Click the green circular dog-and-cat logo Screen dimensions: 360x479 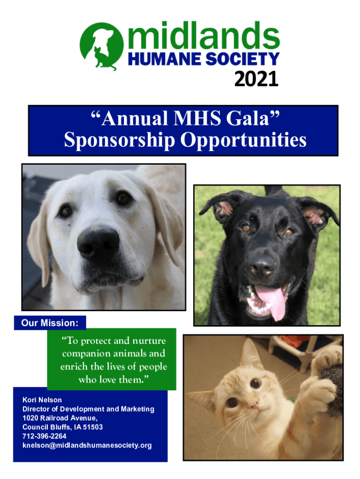[101, 46]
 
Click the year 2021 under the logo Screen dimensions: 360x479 [256, 79]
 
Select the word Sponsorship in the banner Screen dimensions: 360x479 [119, 140]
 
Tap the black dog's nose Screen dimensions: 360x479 [261, 266]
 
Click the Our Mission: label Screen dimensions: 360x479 [50, 323]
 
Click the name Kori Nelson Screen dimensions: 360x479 [42, 400]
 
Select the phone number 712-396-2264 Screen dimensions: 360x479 [44, 436]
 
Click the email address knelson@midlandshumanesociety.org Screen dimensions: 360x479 [87, 445]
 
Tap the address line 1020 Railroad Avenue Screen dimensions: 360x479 [60, 418]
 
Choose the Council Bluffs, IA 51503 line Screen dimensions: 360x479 [63, 427]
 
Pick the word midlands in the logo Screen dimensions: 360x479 [204, 36]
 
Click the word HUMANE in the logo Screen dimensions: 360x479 [165, 59]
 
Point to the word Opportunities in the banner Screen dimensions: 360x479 [244, 140]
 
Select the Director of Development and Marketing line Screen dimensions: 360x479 [88, 409]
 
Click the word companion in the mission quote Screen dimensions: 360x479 [86, 354]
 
